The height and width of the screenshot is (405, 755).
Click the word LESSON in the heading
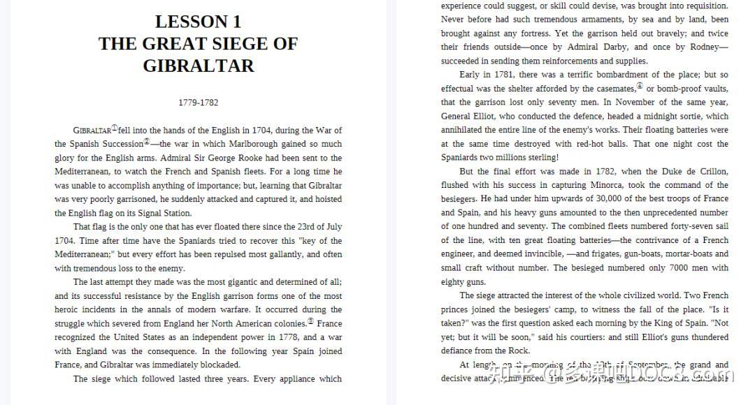(182, 22)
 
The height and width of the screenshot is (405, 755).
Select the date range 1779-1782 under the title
(198, 103)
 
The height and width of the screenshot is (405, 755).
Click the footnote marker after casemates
(639, 87)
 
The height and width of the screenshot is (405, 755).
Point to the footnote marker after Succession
(147, 142)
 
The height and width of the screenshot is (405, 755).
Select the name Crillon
(712, 171)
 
